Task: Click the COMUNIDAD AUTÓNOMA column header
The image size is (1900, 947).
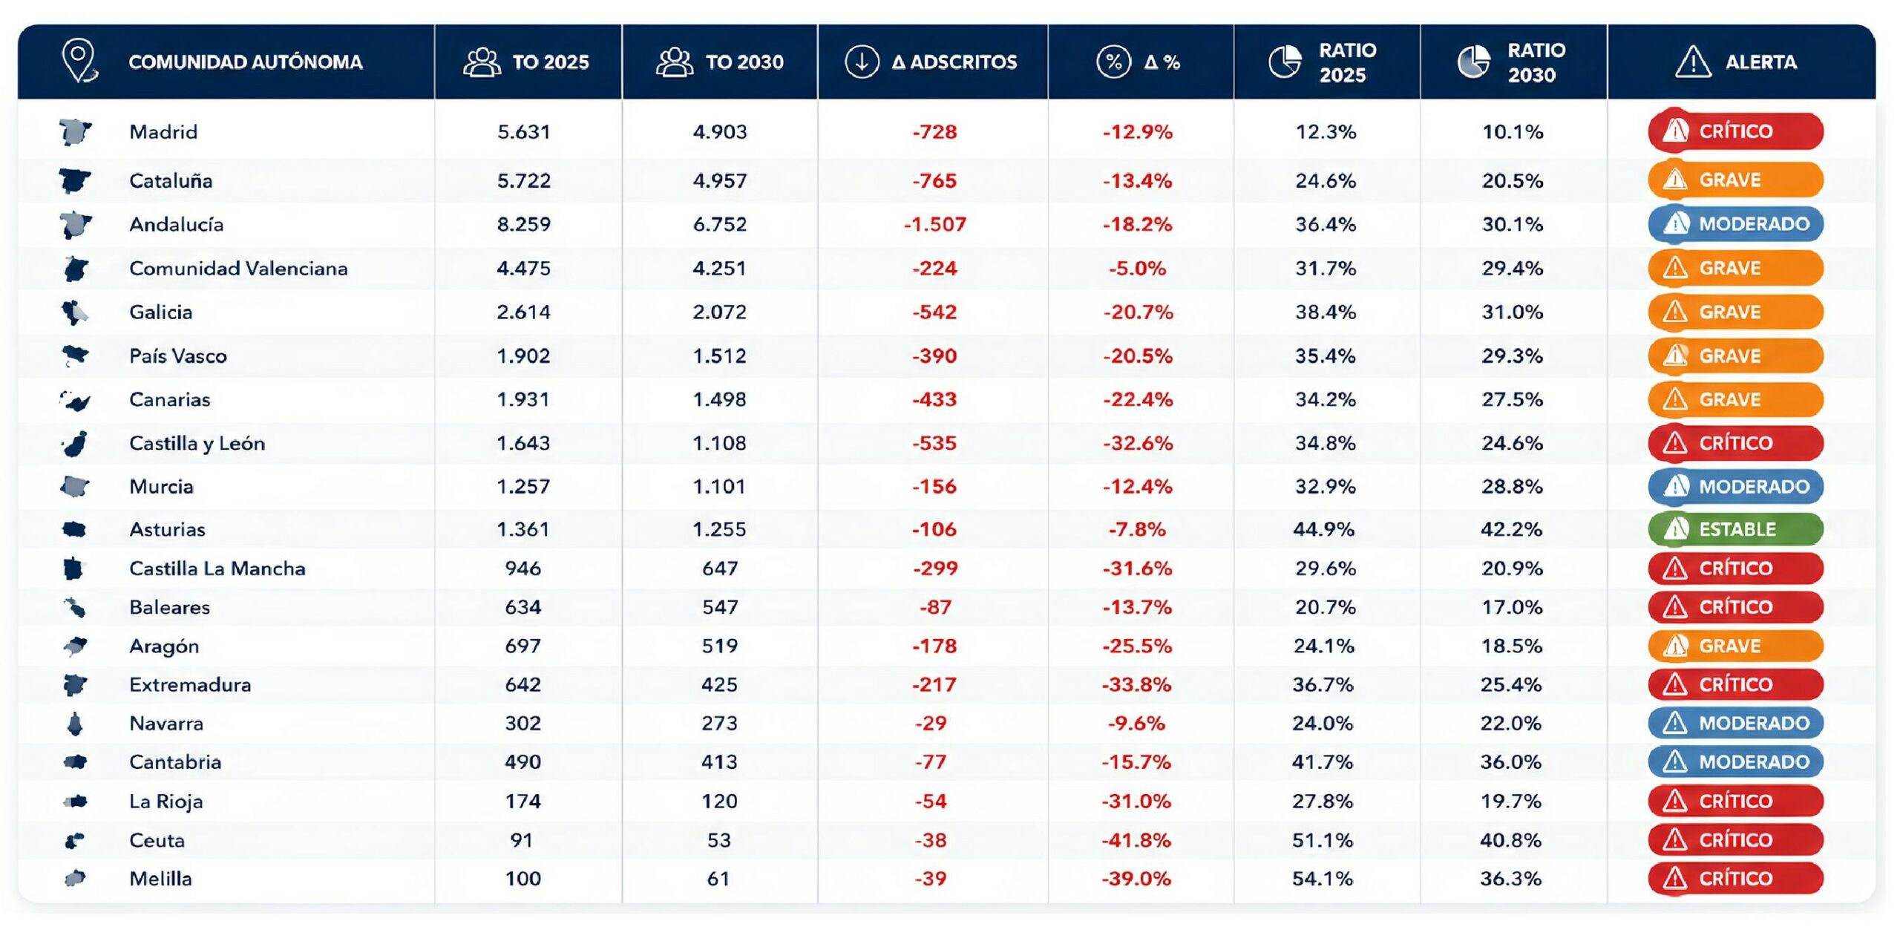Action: (246, 62)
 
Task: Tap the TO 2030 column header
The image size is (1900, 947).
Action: (744, 62)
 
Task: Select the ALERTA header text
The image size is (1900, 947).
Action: (1760, 62)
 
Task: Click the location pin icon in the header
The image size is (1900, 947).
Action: (79, 61)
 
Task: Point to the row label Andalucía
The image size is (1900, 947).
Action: (176, 224)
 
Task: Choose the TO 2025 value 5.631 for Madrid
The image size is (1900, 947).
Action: (524, 132)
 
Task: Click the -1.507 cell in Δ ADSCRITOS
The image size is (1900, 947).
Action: (934, 224)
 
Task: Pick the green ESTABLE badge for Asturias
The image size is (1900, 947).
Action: (1735, 529)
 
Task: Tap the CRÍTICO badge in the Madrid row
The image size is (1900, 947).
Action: (1735, 131)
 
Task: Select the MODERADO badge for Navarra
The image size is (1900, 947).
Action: (1735, 723)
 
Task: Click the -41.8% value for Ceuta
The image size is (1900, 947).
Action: (1136, 840)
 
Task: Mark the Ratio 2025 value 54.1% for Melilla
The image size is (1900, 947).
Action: (1323, 879)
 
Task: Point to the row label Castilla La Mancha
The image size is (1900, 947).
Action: (217, 568)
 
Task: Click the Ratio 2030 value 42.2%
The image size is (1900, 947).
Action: (1512, 529)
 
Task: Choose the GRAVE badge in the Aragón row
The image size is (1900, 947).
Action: (1735, 646)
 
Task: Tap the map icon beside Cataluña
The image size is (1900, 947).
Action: (75, 180)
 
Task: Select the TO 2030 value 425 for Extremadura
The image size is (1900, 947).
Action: (719, 684)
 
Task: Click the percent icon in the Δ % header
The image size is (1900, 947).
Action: (1113, 62)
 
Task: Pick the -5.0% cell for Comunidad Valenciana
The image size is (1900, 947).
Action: (1137, 268)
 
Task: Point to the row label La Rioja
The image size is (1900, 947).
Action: (166, 802)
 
